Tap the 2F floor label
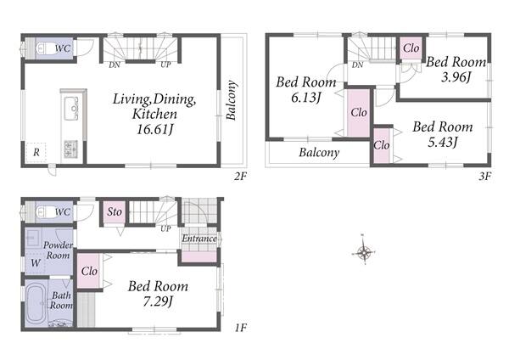[x=241, y=177]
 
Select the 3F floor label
[x=485, y=177]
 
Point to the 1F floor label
[x=241, y=328]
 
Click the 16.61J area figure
[x=154, y=129]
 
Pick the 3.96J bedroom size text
[x=456, y=77]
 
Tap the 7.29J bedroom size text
[x=158, y=302]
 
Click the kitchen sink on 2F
[x=71, y=109]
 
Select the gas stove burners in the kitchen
[x=70, y=149]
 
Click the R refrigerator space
[x=36, y=152]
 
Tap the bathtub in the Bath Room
[x=36, y=304]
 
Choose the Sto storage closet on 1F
[x=115, y=212]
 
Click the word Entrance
[x=199, y=239]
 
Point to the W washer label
[x=36, y=262]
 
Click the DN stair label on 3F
[x=357, y=65]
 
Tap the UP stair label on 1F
[x=165, y=228]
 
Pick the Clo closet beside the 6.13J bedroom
[x=359, y=113]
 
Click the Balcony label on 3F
[x=319, y=152]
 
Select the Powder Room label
[x=58, y=250]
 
